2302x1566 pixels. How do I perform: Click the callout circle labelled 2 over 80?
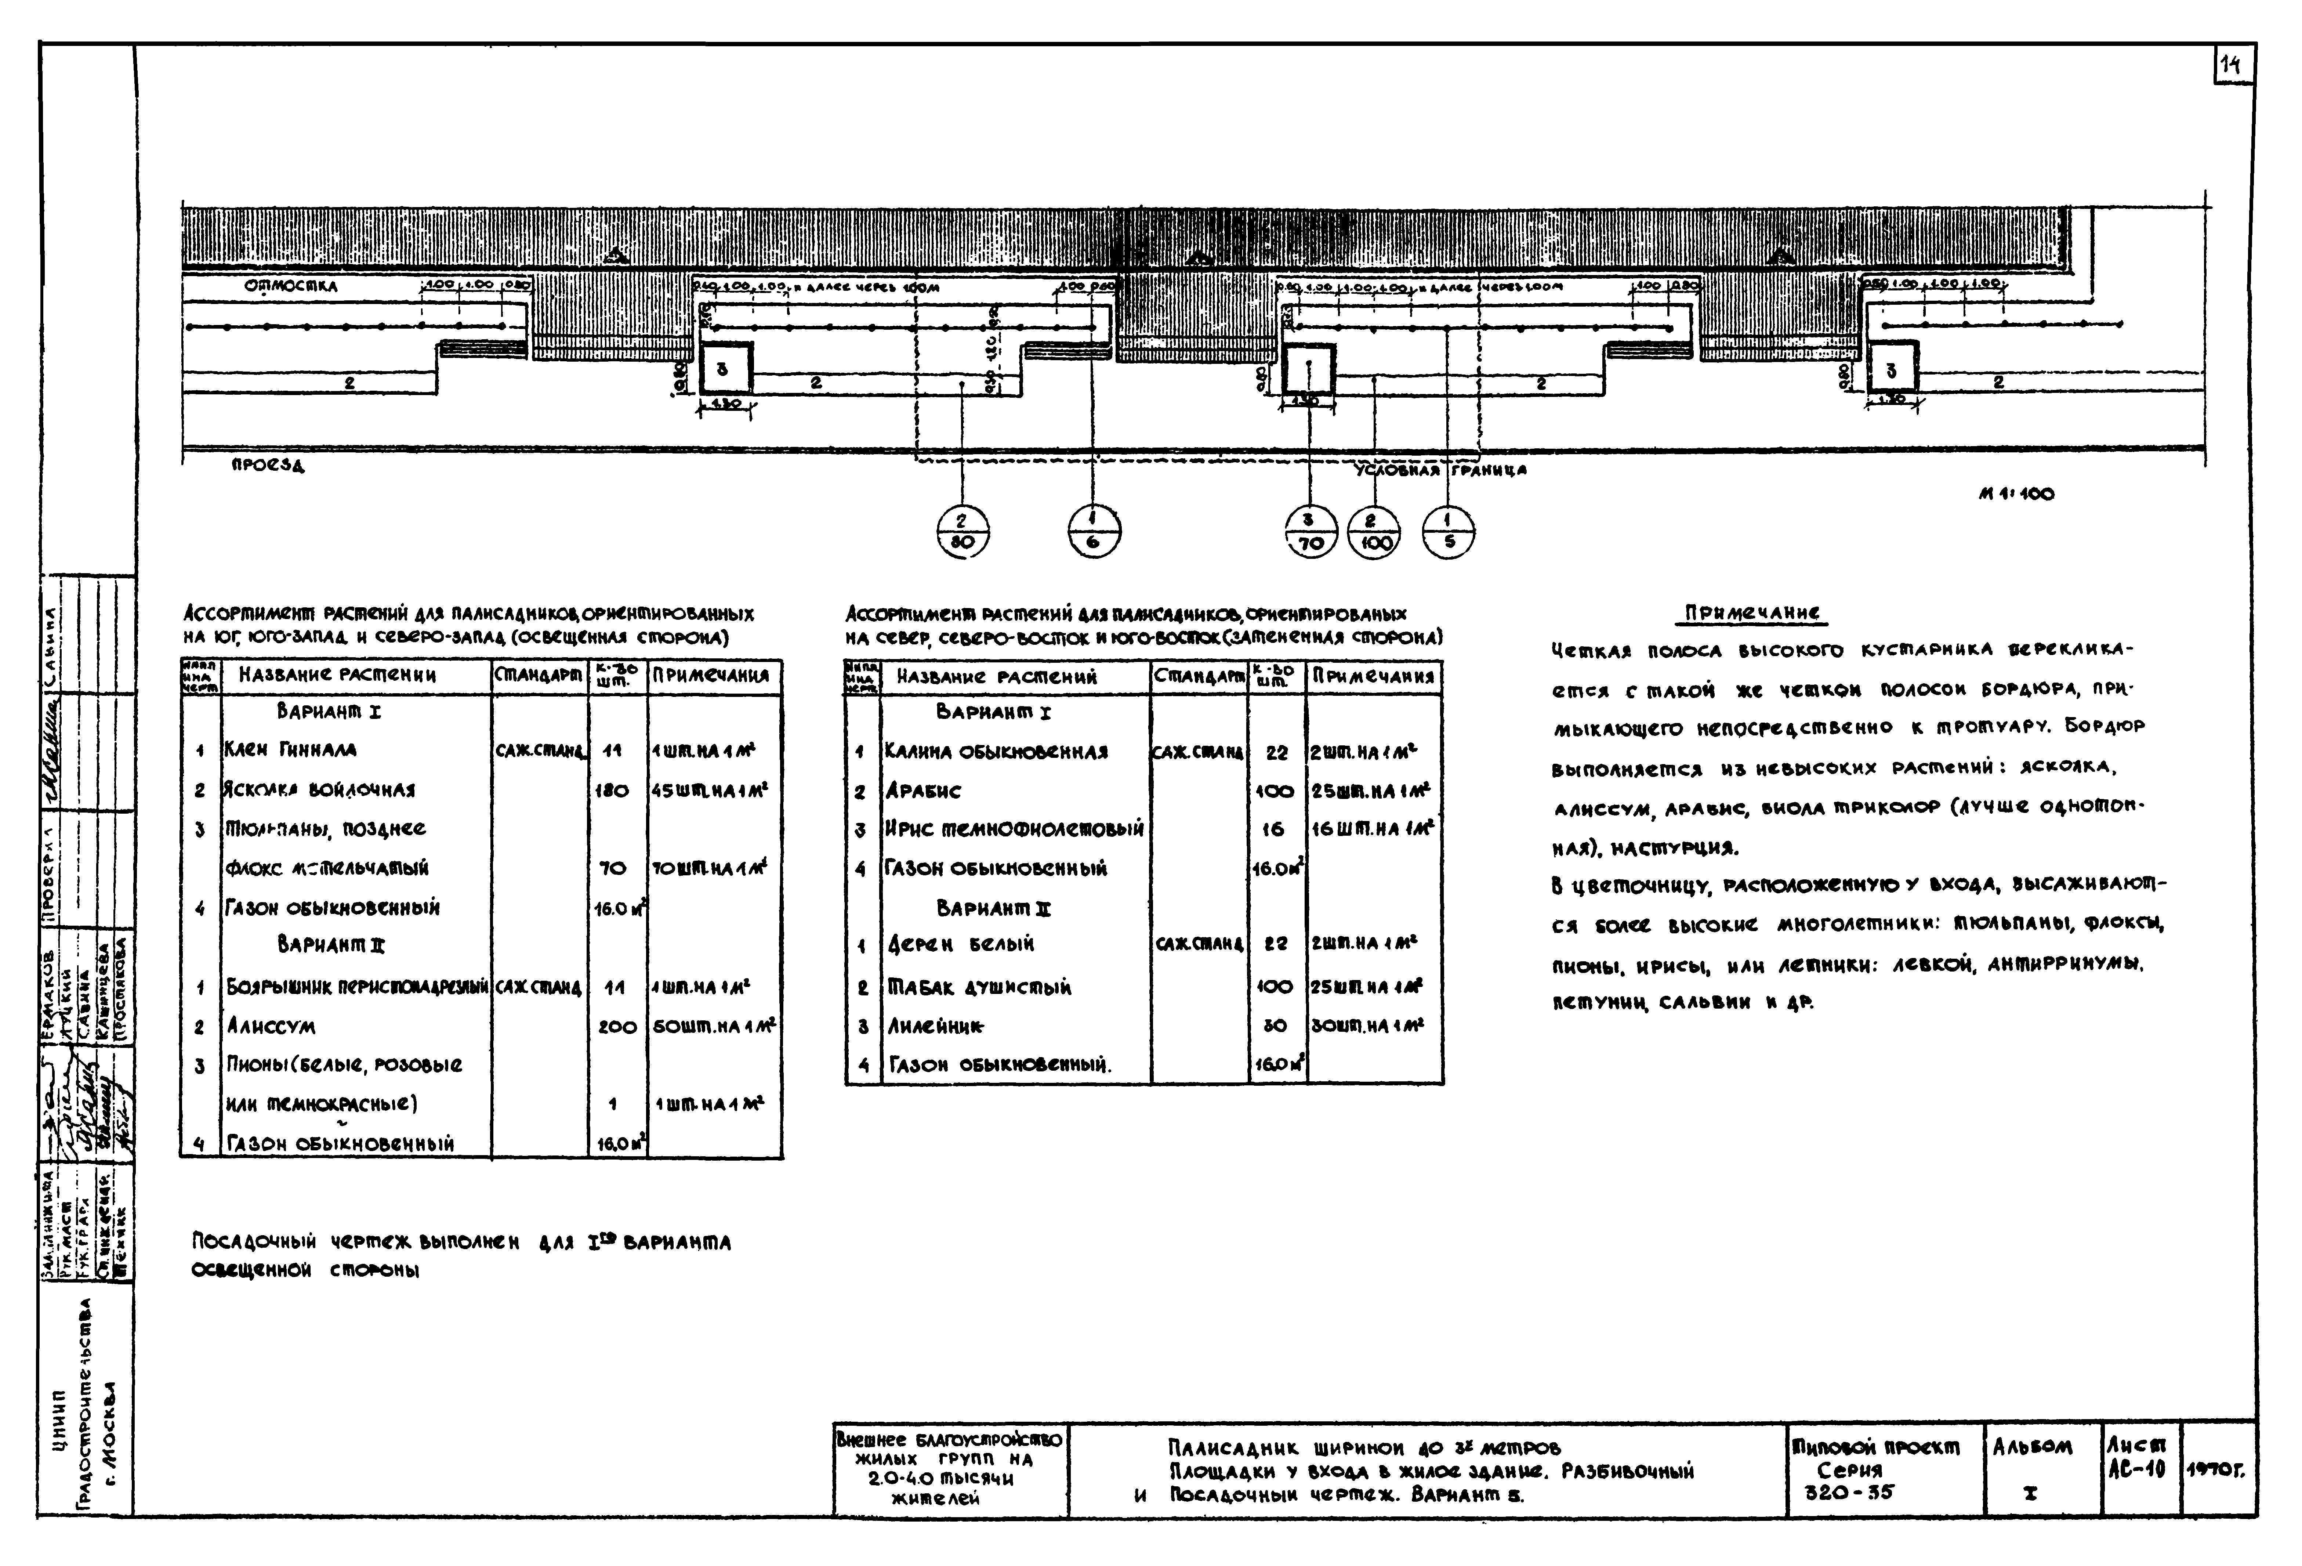point(962,533)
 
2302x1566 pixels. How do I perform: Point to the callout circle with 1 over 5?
point(1448,533)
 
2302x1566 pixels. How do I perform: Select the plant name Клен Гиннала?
point(290,750)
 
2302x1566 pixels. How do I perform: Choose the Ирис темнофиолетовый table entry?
point(1014,829)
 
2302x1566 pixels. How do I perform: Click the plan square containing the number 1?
point(1309,369)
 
